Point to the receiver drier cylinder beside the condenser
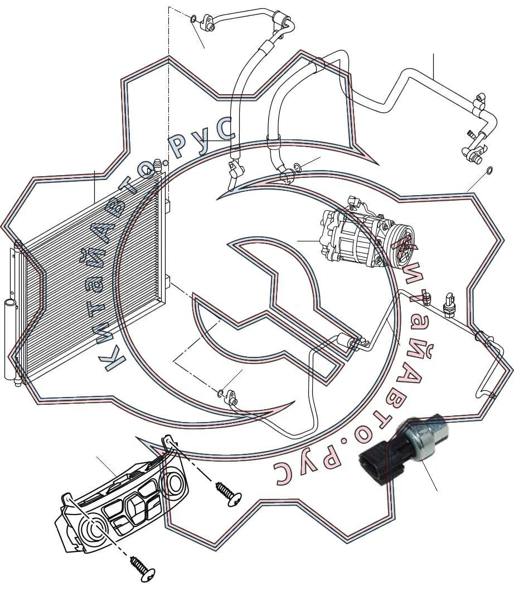point(11,339)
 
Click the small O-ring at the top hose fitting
point(193,18)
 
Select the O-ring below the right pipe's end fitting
point(489,170)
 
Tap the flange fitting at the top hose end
point(208,21)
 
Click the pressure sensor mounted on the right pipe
point(448,305)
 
